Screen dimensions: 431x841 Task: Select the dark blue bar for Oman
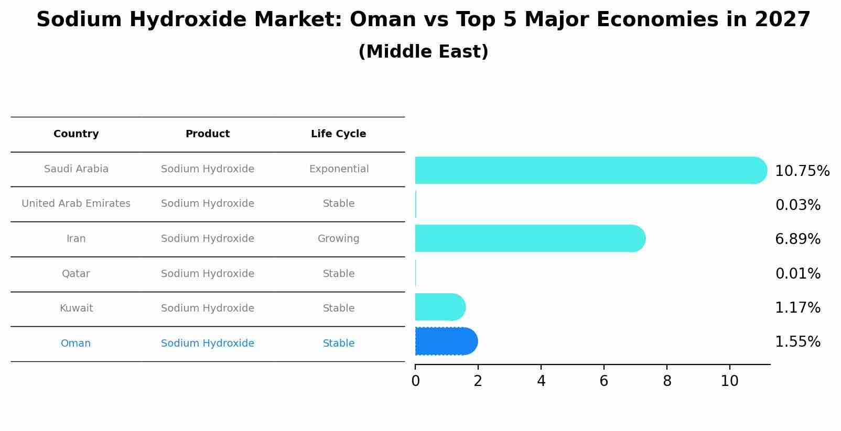pyautogui.click(x=446, y=341)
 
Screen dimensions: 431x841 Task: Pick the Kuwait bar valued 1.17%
pyautogui.click(x=439, y=307)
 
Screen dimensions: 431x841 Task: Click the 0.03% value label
pyautogui.click(x=797, y=205)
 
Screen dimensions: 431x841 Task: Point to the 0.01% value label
pyautogui.click(x=797, y=274)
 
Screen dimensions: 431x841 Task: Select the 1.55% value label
pyautogui.click(x=797, y=342)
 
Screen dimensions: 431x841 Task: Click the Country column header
pyautogui.click(x=76, y=134)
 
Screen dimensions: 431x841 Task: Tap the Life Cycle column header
pyautogui.click(x=338, y=134)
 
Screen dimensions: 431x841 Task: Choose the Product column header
pyautogui.click(x=208, y=134)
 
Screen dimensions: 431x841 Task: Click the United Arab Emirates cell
pyautogui.click(x=76, y=204)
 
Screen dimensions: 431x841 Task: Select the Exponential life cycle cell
pyautogui.click(x=339, y=169)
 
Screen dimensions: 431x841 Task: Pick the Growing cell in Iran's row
pyautogui.click(x=338, y=239)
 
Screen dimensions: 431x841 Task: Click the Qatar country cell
pyautogui.click(x=76, y=274)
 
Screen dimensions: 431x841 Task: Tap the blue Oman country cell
pyautogui.click(x=76, y=344)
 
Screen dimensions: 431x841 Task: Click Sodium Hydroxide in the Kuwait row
pyautogui.click(x=208, y=308)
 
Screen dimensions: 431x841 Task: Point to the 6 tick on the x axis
pyautogui.click(x=604, y=381)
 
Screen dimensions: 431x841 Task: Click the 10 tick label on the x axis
pyautogui.click(x=729, y=381)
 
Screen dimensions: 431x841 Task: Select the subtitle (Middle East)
pyautogui.click(x=423, y=52)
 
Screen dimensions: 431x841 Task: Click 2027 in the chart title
pyautogui.click(x=782, y=20)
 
